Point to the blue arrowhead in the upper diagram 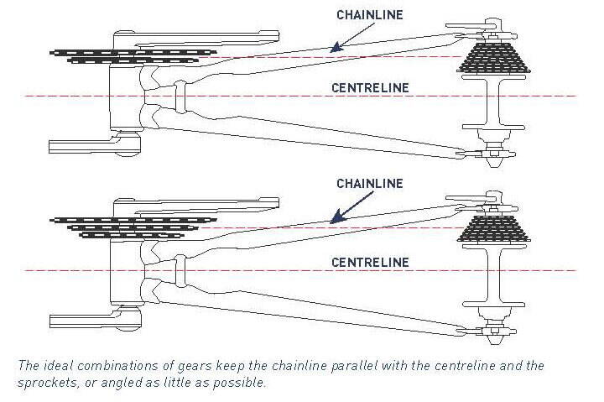(334, 49)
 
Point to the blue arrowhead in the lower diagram (334, 220)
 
